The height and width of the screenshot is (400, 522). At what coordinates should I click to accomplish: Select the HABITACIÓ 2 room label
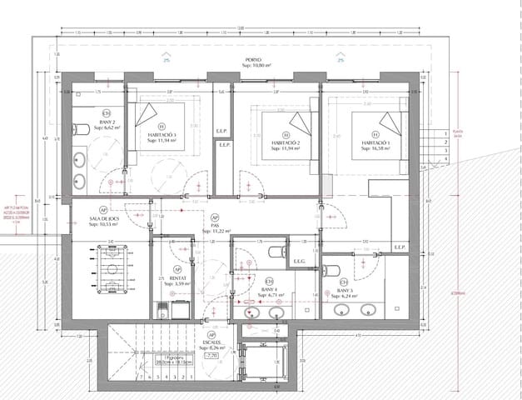tap(286, 143)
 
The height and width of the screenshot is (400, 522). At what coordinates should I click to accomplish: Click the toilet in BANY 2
tap(82, 128)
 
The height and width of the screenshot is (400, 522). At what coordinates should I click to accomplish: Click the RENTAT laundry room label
tap(176, 278)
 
